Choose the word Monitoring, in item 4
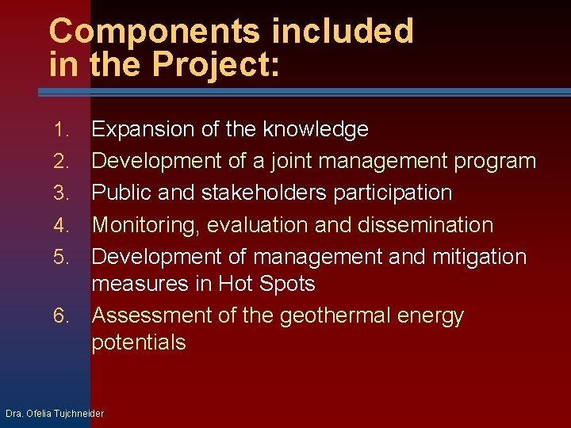pos(147,226)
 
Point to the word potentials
pos(139,342)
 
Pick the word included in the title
pos(343,32)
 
